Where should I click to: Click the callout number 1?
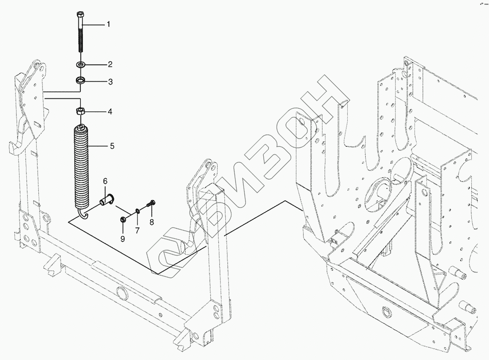[108, 24]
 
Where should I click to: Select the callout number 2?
[110, 64]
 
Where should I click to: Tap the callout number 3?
[110, 82]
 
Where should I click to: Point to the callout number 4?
[110, 112]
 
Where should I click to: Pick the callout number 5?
[112, 146]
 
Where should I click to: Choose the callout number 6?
[106, 181]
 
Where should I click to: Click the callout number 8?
[152, 222]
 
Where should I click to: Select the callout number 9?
[123, 238]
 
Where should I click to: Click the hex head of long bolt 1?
[79, 15]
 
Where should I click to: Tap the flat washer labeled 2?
[81, 64]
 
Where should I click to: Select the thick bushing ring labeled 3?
[81, 81]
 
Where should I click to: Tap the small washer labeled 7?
[137, 211]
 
